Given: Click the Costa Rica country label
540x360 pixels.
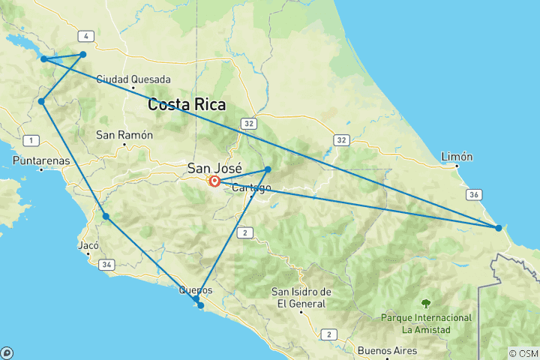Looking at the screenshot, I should point(187,105).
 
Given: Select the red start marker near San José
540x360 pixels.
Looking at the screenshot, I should point(214,181).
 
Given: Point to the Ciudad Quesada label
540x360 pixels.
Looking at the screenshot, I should point(133,79).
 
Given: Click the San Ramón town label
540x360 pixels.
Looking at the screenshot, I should point(124,135).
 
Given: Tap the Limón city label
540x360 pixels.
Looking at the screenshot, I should point(457,157).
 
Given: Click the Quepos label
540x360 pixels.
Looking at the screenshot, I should point(196,290).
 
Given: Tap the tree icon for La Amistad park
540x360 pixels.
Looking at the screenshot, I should point(426,304).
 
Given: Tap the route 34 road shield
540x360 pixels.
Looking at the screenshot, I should point(106,264).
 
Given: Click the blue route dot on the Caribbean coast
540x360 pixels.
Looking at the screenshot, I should point(498,227).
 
